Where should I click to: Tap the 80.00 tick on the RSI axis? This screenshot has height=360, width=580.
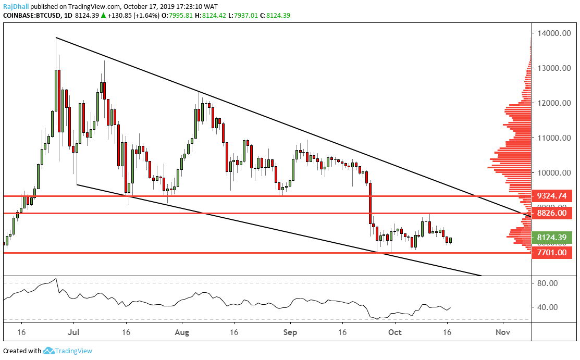pyautogui.click(x=548, y=283)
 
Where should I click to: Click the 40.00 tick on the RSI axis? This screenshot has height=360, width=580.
pyautogui.click(x=548, y=307)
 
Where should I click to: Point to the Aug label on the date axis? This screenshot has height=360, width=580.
pyautogui.click(x=181, y=332)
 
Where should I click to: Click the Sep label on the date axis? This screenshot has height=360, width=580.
pyautogui.click(x=290, y=332)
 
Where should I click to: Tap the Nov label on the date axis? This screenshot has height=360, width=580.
pyautogui.click(x=502, y=332)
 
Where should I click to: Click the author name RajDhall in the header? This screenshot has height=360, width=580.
pyautogui.click(x=16, y=7)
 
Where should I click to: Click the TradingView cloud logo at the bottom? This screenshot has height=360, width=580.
pyautogui.click(x=50, y=351)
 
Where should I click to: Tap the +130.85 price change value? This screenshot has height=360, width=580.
pyautogui.click(x=121, y=16)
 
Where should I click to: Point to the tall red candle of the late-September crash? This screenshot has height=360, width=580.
pyautogui.click(x=371, y=203)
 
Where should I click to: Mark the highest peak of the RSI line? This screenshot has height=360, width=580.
pyautogui.click(x=56, y=279)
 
